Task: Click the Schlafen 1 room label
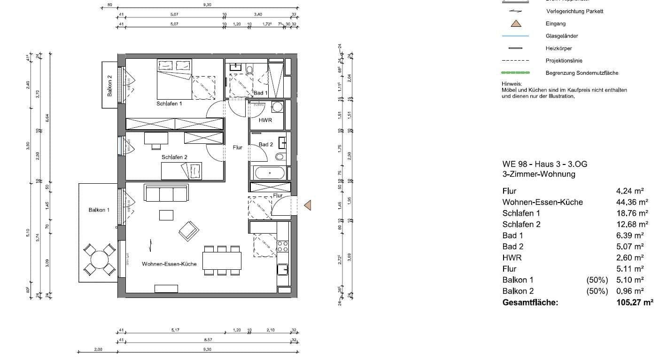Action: coord(169,103)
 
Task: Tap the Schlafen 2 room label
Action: coord(174,157)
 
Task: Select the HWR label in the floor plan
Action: coord(265,120)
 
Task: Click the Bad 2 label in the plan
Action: coord(266,144)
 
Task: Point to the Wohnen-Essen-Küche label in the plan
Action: coord(169,264)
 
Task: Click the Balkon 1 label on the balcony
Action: coord(99,210)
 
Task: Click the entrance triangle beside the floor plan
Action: coord(308,205)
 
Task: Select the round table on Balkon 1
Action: coord(99,259)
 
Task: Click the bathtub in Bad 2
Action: coord(270,173)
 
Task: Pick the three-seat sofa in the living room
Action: coord(166,194)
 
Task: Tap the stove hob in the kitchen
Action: coord(282,246)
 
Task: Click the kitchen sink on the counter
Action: coord(283,269)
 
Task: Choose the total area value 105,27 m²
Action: coord(634,302)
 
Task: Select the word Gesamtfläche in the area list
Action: coord(530,302)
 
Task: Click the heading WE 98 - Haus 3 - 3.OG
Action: coord(544,164)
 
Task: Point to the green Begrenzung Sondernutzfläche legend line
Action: coord(515,73)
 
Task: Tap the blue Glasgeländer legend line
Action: coord(515,36)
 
